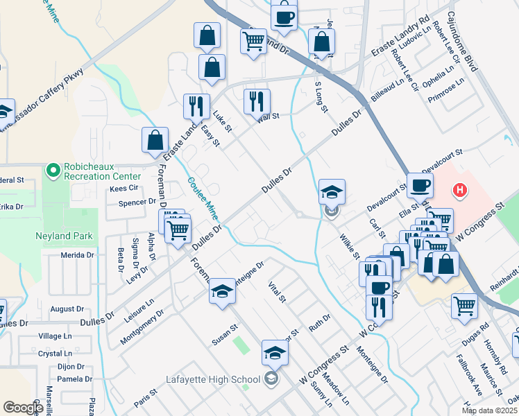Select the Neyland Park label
(x=65, y=236)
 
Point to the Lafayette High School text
(x=212, y=379)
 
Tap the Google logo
(x=23, y=408)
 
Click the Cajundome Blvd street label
(x=463, y=42)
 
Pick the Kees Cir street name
(x=124, y=189)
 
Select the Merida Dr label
(x=77, y=255)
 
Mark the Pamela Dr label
(x=76, y=379)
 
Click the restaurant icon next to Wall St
(x=257, y=101)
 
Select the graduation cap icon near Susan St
(x=223, y=291)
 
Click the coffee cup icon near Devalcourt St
(x=420, y=185)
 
